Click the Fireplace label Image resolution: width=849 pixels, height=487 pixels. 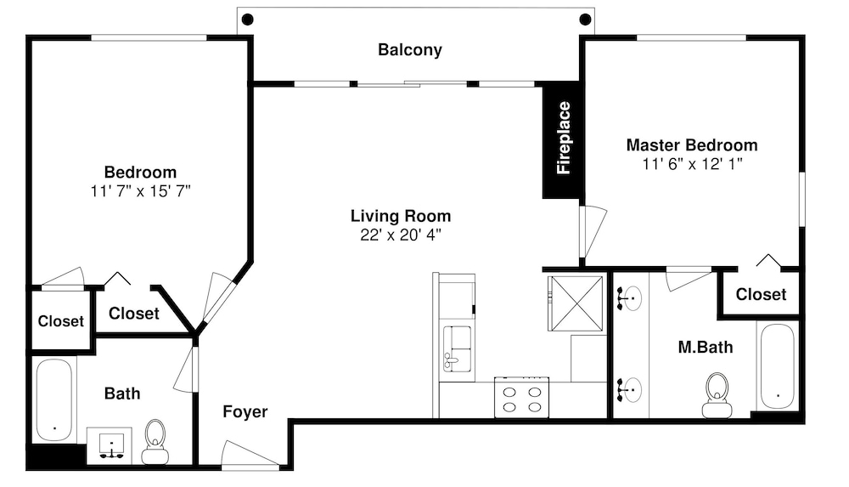click(564, 138)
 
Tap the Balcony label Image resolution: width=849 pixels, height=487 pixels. click(410, 50)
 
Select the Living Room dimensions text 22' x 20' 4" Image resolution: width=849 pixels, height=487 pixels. click(401, 235)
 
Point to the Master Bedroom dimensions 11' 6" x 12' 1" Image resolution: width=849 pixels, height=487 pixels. click(692, 164)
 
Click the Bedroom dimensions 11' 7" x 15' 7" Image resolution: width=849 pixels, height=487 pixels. click(141, 191)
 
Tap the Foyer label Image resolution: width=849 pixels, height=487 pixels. click(245, 411)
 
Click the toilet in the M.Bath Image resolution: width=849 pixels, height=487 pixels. click(717, 395)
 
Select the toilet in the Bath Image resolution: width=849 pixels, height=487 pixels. click(155, 441)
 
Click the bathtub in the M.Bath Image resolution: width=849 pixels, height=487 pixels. click(778, 366)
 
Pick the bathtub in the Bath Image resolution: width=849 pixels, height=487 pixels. click(54, 399)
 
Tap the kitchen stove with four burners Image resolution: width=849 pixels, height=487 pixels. click(521, 398)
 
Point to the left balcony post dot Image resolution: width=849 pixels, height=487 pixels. click(247, 20)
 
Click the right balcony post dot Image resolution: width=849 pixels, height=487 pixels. click(585, 20)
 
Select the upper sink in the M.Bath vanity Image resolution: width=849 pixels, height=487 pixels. click(630, 297)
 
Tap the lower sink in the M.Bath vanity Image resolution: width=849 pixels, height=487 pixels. click(630, 389)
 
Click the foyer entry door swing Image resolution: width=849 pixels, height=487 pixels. click(250, 453)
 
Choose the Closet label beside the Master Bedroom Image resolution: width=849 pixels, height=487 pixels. click(761, 294)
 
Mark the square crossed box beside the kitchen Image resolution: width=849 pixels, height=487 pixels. click(575, 303)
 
